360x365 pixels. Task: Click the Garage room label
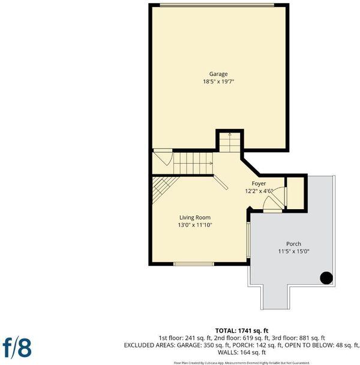(218, 74)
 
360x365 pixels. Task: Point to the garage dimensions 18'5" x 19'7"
(218, 82)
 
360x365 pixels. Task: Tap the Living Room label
(195, 218)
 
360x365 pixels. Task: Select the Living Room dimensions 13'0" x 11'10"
(195, 225)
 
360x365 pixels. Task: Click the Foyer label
(259, 183)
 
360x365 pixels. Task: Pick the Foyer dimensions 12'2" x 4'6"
(259, 191)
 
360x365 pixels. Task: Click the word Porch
(293, 244)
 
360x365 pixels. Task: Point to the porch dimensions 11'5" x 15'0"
(293, 251)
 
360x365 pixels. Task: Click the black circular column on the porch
(326, 278)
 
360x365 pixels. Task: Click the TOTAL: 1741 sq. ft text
(242, 331)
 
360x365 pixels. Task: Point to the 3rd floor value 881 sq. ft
(313, 338)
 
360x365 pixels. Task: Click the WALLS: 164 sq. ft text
(242, 352)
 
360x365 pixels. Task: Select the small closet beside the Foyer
(295, 193)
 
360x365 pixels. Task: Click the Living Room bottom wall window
(194, 264)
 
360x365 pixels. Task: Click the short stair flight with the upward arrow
(230, 143)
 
